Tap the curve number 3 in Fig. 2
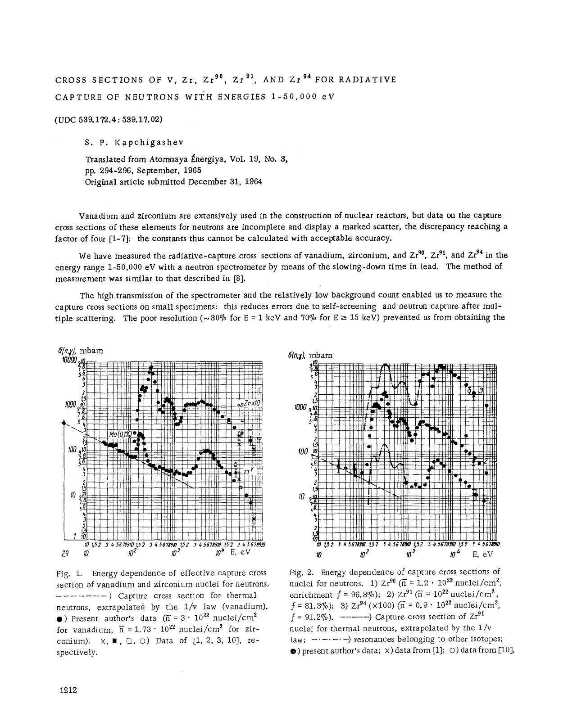481,390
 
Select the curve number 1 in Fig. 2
490,499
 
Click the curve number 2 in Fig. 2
486,462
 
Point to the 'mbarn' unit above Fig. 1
91,351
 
